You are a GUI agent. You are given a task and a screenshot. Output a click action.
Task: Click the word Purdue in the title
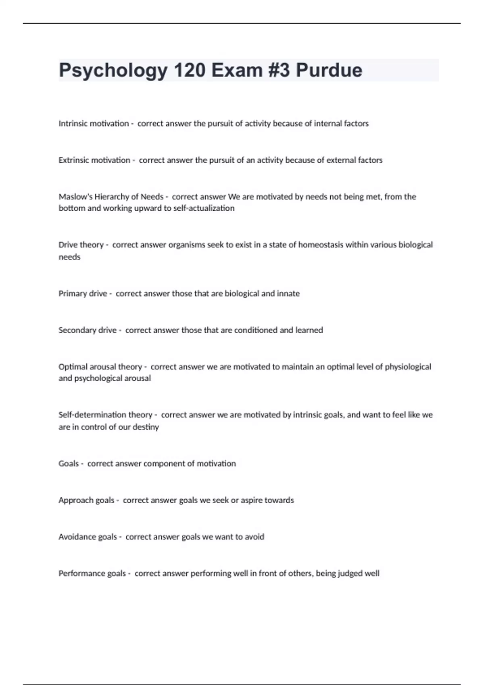tap(329, 70)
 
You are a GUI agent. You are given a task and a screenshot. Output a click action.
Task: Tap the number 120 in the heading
tap(190, 70)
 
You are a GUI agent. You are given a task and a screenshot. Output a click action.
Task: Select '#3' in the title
tap(277, 70)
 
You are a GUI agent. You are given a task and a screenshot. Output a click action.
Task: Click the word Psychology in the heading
tap(113, 70)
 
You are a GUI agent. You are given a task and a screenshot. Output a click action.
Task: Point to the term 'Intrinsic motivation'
tap(94, 124)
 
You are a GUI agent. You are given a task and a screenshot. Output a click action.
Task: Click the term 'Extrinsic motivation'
tap(94, 160)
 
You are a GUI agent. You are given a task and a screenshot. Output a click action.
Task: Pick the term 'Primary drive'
tap(83, 294)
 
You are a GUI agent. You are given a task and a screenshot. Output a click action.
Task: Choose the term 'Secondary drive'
tap(88, 330)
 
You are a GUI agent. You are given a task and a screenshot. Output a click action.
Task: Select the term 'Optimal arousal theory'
tap(100, 367)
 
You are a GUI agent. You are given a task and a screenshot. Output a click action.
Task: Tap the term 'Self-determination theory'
tap(105, 415)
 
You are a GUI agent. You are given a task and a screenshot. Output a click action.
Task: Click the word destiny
tap(146, 427)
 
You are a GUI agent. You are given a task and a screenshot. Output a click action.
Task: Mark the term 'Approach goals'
tap(86, 500)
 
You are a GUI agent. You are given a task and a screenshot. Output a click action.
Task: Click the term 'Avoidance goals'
tap(88, 537)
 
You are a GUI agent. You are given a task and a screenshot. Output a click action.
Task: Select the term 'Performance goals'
tap(92, 574)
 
